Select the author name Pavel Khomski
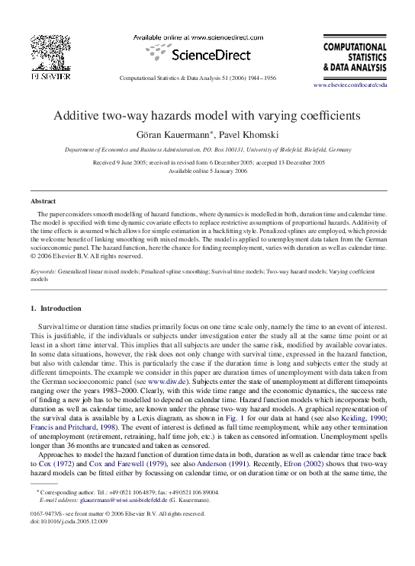(240, 135)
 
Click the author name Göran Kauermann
(175, 135)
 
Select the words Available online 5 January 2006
(207, 171)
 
